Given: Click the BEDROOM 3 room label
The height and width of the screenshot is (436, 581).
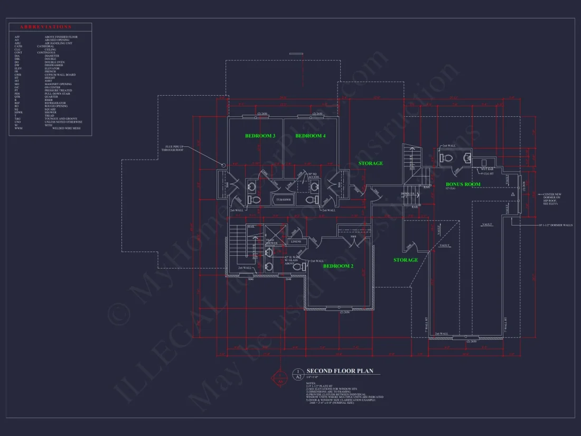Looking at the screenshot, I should [260, 136].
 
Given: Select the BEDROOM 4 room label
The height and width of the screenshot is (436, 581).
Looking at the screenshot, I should [310, 136].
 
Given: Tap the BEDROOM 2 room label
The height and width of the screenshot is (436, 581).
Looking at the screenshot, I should [338, 266].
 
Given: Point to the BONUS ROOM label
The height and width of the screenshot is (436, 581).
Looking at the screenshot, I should [463, 184].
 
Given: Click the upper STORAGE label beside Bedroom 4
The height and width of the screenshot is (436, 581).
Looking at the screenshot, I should [370, 163].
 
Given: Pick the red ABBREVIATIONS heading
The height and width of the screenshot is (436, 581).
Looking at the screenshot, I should [45, 26].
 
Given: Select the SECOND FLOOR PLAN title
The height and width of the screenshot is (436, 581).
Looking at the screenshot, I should [340, 371].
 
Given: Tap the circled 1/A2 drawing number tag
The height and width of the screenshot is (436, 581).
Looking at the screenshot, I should [298, 374].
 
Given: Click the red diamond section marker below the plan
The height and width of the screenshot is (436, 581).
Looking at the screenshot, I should [280, 377].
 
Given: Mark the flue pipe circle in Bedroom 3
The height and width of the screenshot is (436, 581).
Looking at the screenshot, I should [223, 165].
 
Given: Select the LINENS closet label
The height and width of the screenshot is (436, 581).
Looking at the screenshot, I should [296, 242].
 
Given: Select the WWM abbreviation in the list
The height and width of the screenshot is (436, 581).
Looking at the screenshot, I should [18, 128].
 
